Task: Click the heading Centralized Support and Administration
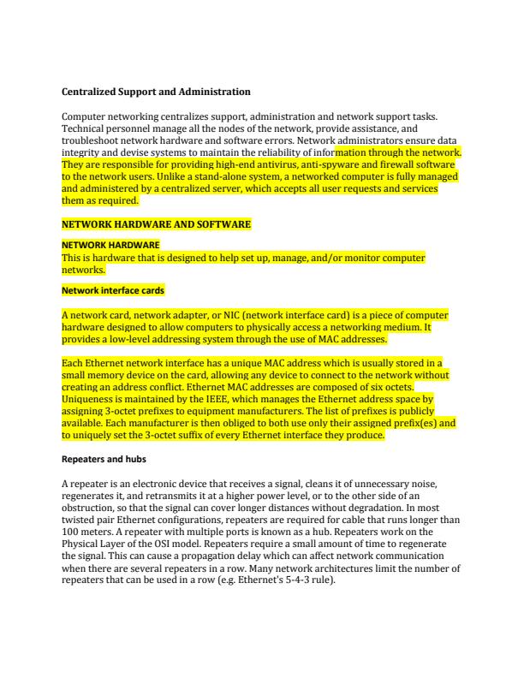tap(156, 91)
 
